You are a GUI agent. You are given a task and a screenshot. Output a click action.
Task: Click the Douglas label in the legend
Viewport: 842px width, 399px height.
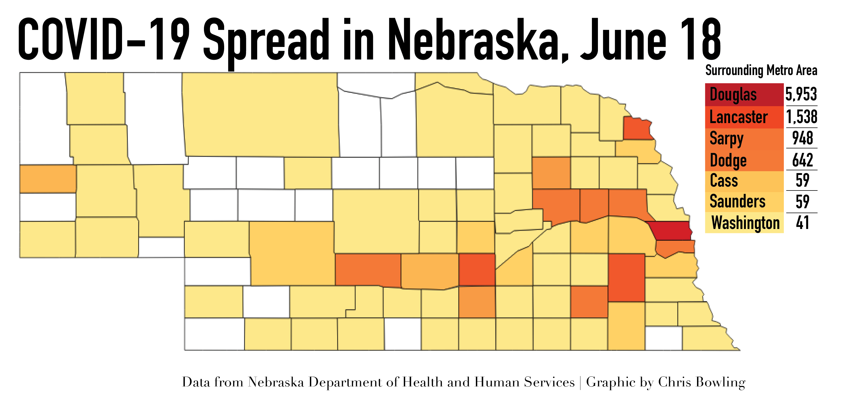[x=733, y=95]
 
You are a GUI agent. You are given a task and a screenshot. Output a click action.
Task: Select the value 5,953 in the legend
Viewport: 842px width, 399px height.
[x=801, y=94]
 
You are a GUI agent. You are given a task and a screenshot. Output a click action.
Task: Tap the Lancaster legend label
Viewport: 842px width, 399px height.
[x=738, y=117]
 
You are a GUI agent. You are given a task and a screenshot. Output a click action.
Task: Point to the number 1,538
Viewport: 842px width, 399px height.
[x=802, y=117]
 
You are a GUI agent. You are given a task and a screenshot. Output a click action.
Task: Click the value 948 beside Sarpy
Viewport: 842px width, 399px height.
[x=802, y=138]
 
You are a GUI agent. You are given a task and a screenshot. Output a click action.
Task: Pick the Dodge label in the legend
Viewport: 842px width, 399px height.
[x=728, y=160]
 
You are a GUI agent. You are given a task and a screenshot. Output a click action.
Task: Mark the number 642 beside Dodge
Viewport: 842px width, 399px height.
[x=802, y=160]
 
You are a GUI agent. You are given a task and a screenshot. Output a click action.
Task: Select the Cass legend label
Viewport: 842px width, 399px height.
[x=724, y=181]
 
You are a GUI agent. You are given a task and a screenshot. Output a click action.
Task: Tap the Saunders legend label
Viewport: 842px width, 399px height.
[x=737, y=201]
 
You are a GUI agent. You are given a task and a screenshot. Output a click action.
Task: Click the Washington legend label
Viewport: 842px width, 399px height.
[x=745, y=223]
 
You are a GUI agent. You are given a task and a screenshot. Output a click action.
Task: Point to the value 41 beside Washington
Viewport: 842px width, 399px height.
[x=802, y=222]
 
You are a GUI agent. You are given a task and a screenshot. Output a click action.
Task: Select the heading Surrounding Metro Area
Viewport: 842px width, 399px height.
[x=761, y=70]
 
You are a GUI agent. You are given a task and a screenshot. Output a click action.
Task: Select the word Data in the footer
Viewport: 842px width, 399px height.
[x=196, y=382]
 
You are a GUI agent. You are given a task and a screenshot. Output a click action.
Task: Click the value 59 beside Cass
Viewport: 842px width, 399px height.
[x=802, y=180]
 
